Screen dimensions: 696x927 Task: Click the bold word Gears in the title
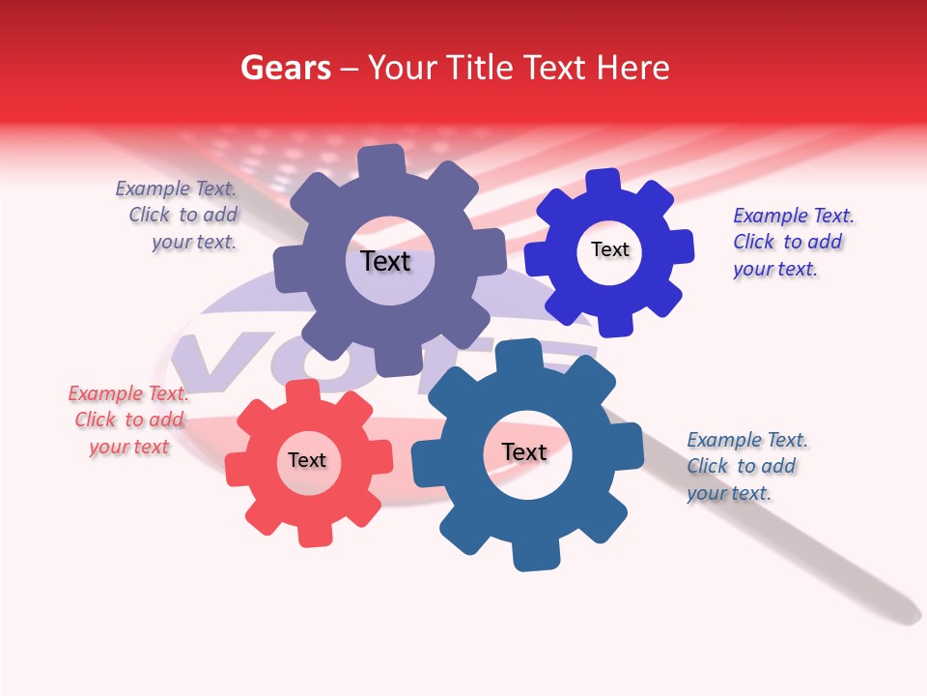click(285, 68)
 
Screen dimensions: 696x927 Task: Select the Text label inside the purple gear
click(385, 261)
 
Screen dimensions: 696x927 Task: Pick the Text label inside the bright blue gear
click(609, 249)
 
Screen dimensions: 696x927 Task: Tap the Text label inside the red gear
click(307, 460)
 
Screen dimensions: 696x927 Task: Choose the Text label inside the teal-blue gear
click(524, 452)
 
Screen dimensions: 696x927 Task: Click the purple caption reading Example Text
click(176, 189)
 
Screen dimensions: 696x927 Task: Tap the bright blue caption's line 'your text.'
click(774, 269)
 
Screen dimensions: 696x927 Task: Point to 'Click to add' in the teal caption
click(741, 466)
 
